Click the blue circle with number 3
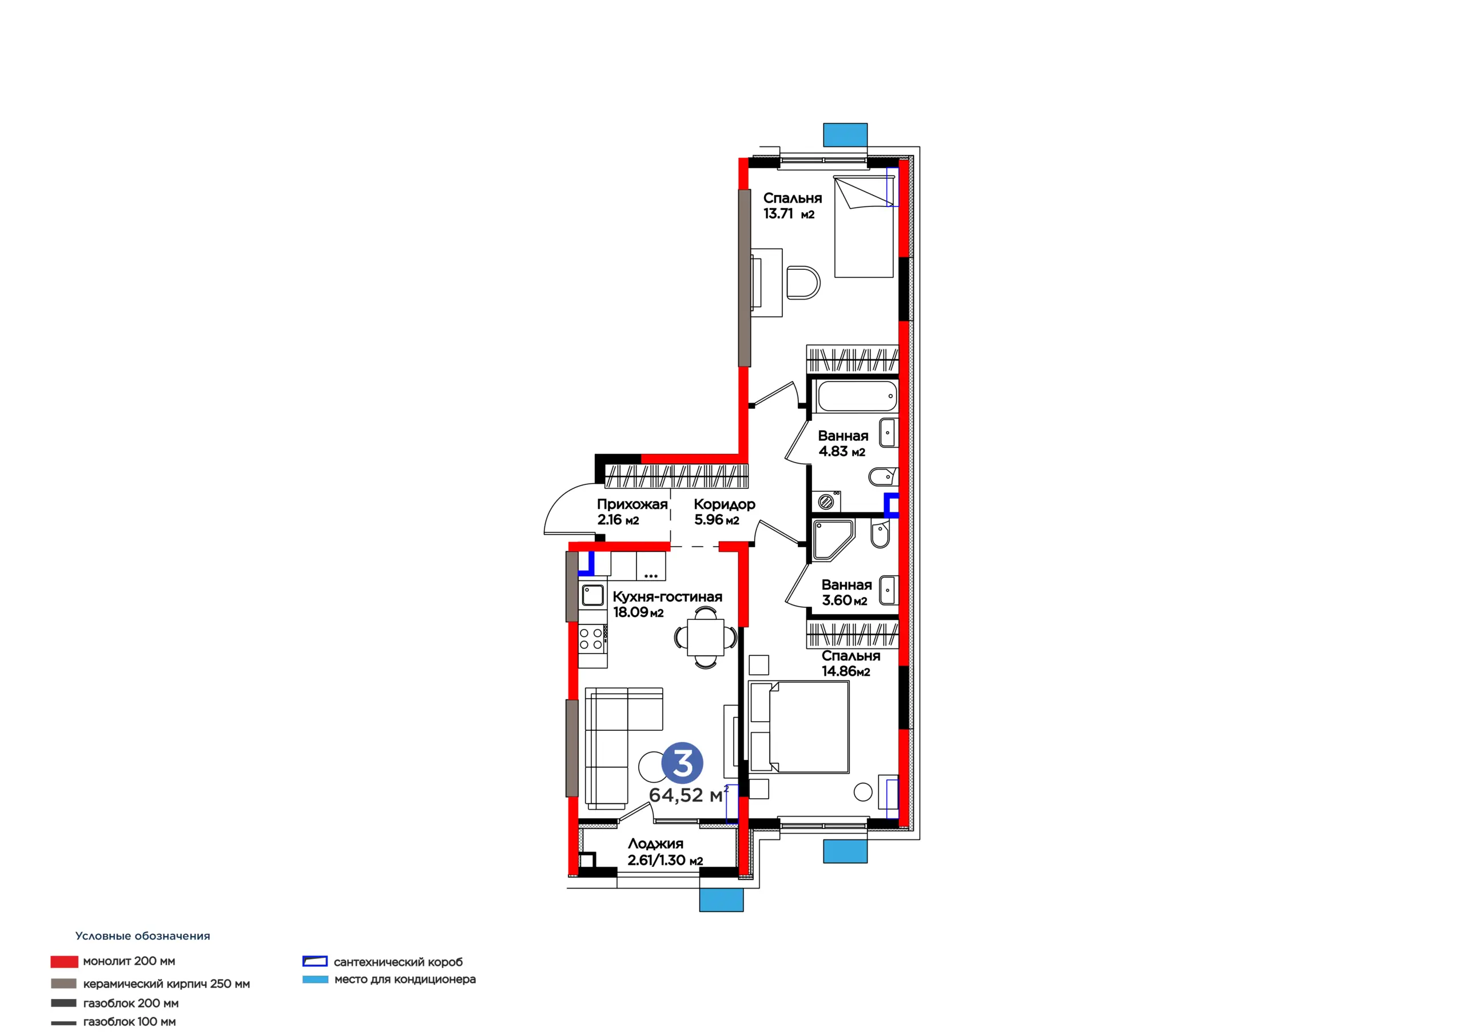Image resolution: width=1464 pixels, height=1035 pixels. coord(682,763)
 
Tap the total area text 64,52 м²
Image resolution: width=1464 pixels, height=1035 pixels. coord(689,795)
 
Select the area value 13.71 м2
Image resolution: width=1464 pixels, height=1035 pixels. coord(789,214)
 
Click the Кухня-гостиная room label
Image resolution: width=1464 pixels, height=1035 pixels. coord(667,597)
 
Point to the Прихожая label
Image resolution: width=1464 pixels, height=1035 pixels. coord(632,504)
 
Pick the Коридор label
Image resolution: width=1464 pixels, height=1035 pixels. coord(725,504)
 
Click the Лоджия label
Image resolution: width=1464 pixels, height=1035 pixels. coord(655,843)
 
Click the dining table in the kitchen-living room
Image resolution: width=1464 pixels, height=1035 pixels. coord(705,637)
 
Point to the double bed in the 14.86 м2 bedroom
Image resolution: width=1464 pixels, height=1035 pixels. coord(799,727)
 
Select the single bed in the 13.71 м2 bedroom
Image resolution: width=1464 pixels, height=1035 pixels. coord(864,227)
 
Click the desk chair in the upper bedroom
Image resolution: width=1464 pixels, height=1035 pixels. coord(803,282)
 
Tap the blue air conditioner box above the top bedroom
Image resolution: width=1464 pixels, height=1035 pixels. coord(845,134)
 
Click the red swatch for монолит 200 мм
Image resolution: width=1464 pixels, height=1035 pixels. coord(65,962)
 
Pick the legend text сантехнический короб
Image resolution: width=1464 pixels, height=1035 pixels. coord(398,962)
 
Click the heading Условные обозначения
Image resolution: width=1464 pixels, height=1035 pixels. coord(143,936)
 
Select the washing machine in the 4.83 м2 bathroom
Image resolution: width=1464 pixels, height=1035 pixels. coord(826,501)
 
